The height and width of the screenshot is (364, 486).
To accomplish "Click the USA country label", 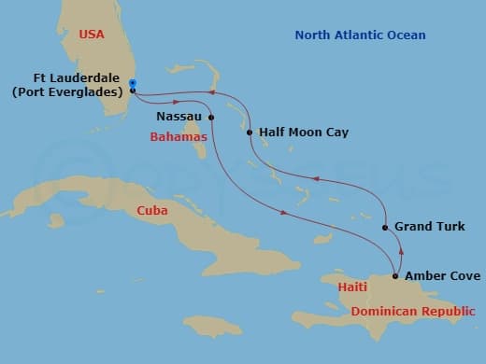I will point(92,35).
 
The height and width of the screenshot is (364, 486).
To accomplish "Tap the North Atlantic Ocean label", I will point(360,35).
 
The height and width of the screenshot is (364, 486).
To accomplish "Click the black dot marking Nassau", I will point(211,117).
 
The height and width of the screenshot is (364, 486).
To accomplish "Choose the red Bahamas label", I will point(179,137).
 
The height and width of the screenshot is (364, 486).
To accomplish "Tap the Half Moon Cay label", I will point(303,133).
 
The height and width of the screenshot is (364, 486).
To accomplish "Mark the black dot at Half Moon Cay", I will point(250,133).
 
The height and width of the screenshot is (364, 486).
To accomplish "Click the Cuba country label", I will point(151,210).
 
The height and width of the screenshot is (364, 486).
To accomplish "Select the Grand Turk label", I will point(429,227).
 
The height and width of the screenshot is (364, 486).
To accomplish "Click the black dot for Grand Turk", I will point(385,227).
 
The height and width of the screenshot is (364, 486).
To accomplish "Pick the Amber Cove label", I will point(442,276).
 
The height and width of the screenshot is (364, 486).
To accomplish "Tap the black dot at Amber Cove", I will point(395,276).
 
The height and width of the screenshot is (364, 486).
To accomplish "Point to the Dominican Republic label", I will point(411,311).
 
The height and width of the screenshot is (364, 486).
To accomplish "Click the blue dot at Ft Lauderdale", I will point(133,83).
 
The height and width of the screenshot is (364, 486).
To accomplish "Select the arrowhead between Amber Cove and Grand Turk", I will point(400,250).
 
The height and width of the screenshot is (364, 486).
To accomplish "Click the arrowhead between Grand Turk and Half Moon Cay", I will point(316,178).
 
